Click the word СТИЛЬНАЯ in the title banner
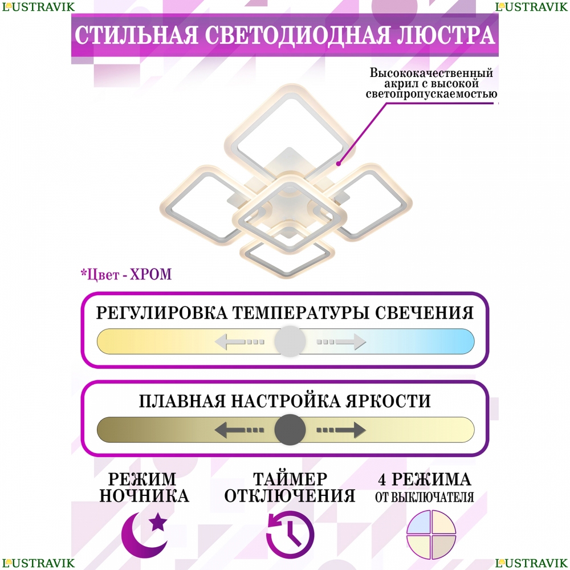136,35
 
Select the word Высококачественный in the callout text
431,73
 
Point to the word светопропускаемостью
431,94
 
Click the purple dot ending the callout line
339,164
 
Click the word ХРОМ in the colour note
150,275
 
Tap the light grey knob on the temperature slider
290,341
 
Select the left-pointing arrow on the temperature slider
239,341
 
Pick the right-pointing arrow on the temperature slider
341,341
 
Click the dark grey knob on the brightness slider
290,430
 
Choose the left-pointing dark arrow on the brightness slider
239,430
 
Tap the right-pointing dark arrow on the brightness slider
341,430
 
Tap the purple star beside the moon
158,522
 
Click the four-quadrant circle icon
431,535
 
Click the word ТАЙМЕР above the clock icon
290,479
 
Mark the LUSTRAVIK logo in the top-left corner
38,7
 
